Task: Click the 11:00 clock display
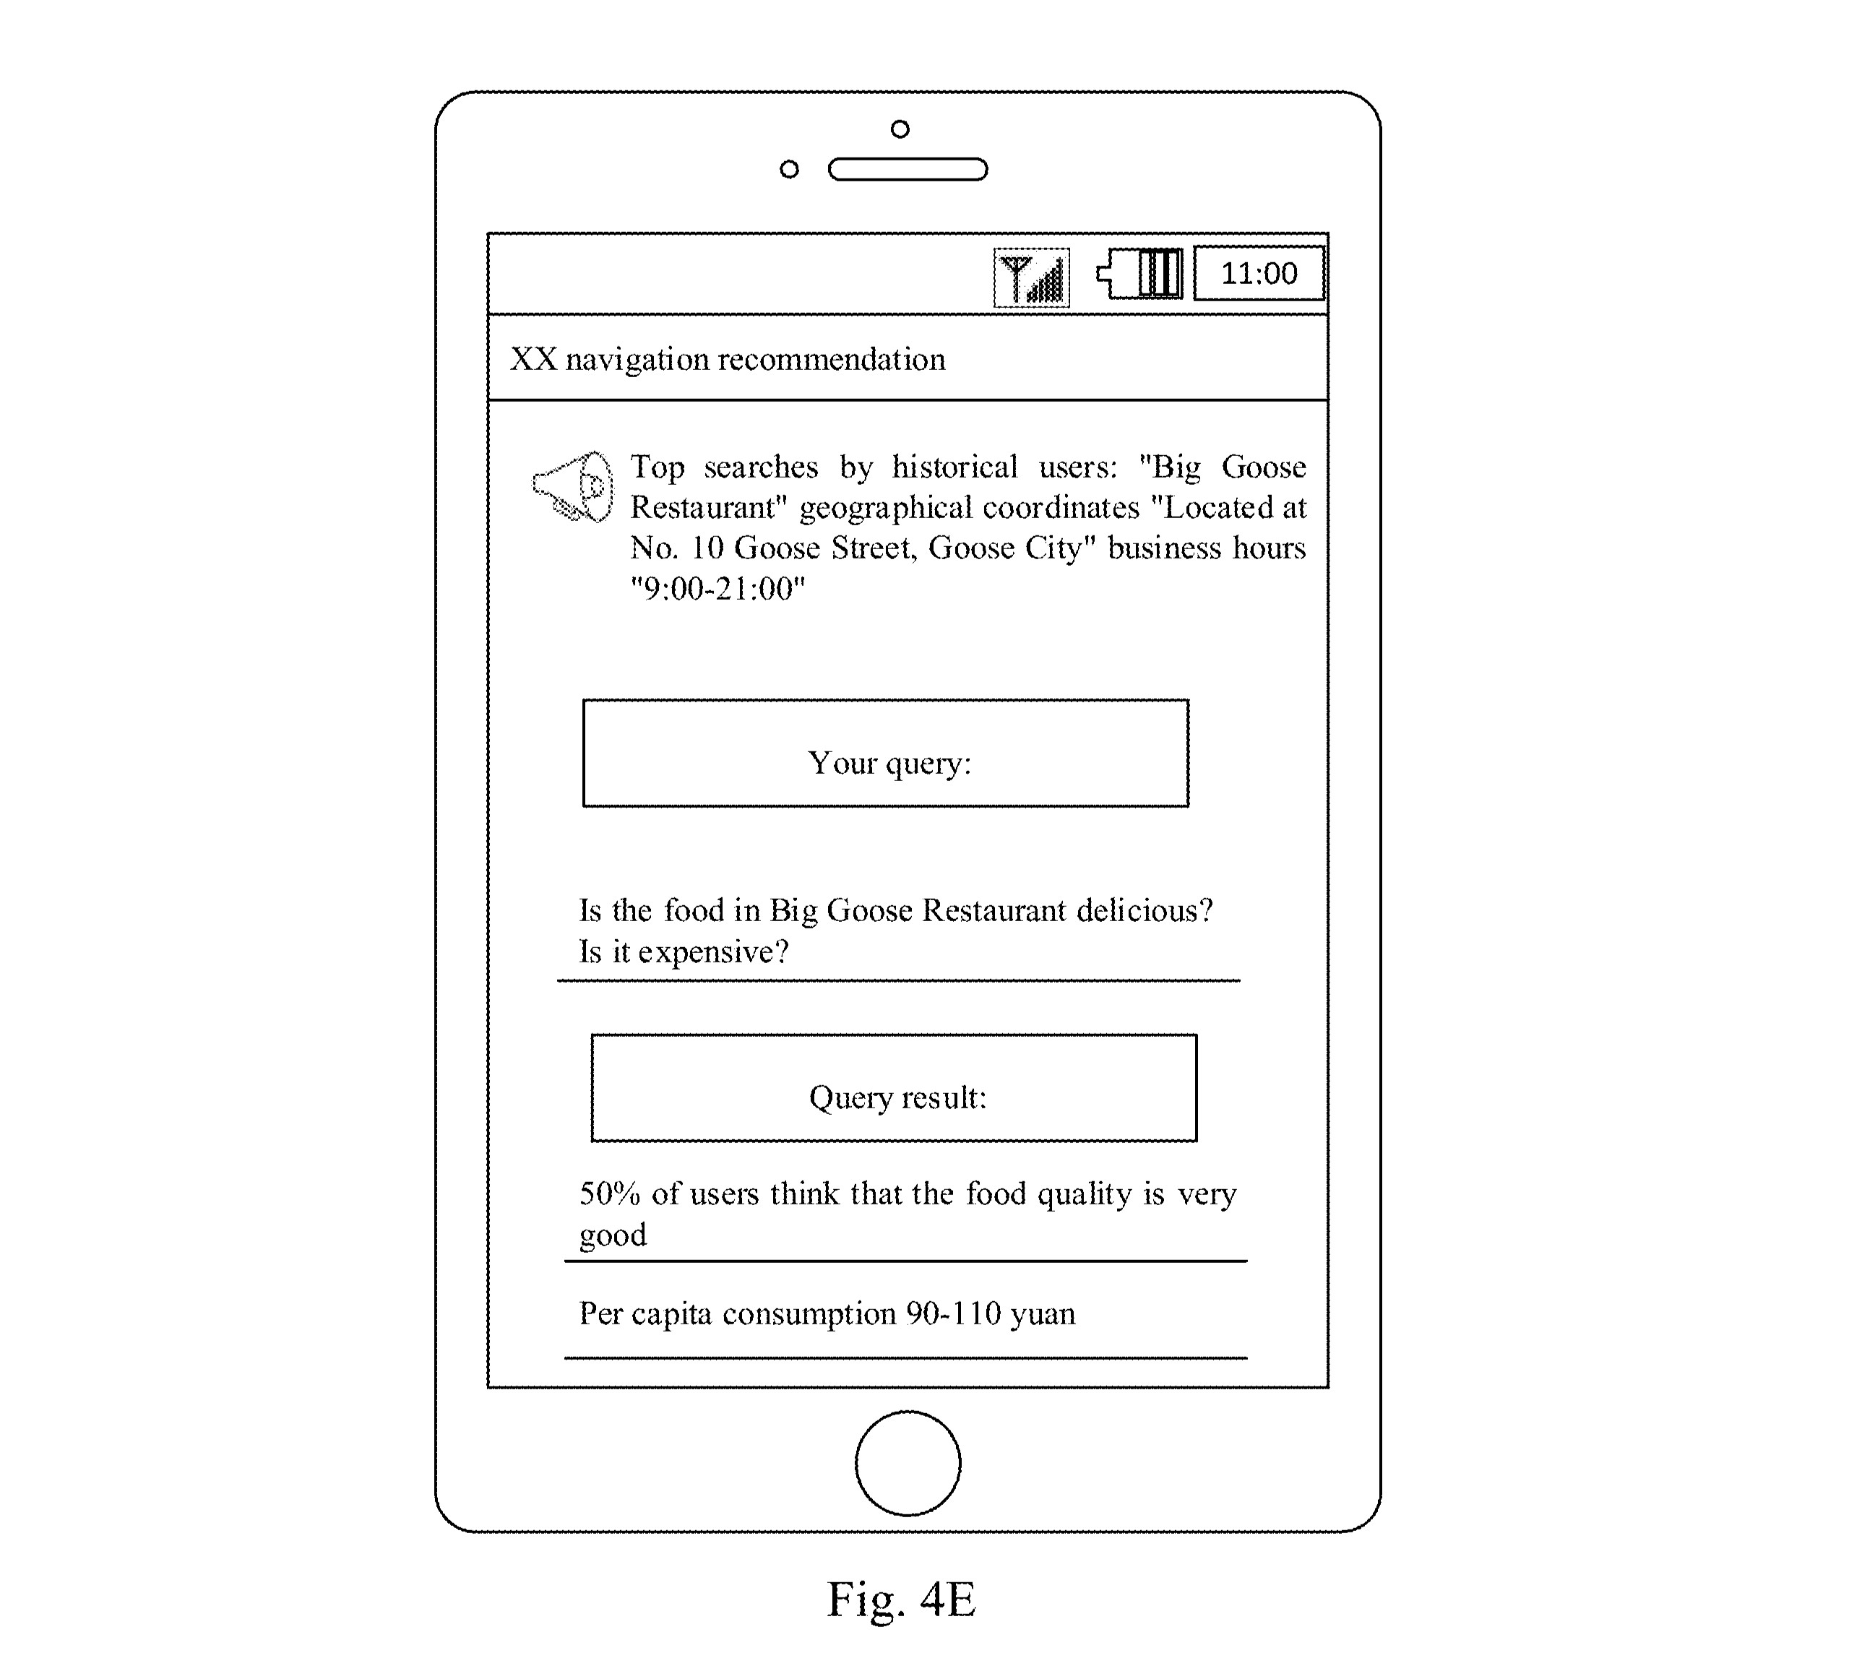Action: tap(1259, 273)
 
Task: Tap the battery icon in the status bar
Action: tap(1140, 273)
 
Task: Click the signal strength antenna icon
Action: tap(1032, 278)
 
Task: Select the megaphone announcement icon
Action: tap(572, 487)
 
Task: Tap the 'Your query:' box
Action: tap(886, 754)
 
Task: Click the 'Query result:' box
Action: tap(895, 1089)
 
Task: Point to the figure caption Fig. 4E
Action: tap(902, 1600)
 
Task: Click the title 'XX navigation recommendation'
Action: tap(728, 360)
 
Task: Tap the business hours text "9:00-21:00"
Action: tap(717, 588)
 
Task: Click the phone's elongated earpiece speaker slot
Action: tap(908, 170)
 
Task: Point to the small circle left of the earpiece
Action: tap(789, 170)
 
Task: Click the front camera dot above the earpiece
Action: tap(900, 129)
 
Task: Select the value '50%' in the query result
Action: tap(609, 1194)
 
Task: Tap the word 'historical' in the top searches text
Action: tap(954, 467)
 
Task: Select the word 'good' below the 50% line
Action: tap(613, 1236)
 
